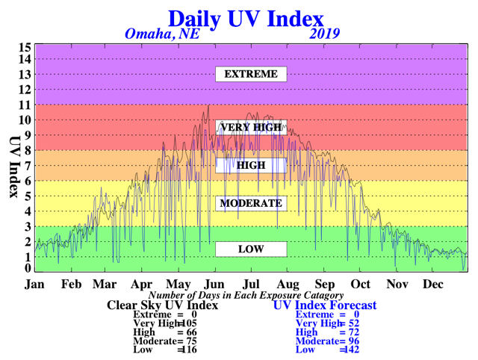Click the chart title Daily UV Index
pyautogui.click(x=246, y=19)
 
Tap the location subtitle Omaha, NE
pyautogui.click(x=162, y=34)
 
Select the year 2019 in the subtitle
pyautogui.click(x=324, y=34)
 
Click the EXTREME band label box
pyautogui.click(x=251, y=74)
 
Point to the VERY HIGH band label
pyautogui.click(x=251, y=127)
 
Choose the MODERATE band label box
pyautogui.click(x=251, y=203)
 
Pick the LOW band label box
pyautogui.click(x=251, y=249)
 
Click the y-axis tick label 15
pyautogui.click(x=25, y=47)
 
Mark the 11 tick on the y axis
pyautogui.click(x=25, y=105)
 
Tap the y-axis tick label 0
pyautogui.click(x=28, y=268)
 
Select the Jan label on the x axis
pyautogui.click(x=34, y=284)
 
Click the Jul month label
pyautogui.click(x=251, y=284)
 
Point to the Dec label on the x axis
pyautogui.click(x=433, y=284)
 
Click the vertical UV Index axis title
pyautogui.click(x=14, y=167)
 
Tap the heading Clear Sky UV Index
pyautogui.click(x=163, y=305)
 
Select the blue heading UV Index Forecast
pyautogui.click(x=325, y=305)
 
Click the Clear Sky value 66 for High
pyautogui.click(x=192, y=332)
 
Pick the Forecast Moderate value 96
pyautogui.click(x=354, y=341)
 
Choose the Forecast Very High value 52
pyautogui.click(x=354, y=323)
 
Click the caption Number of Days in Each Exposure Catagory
pyautogui.click(x=246, y=295)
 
